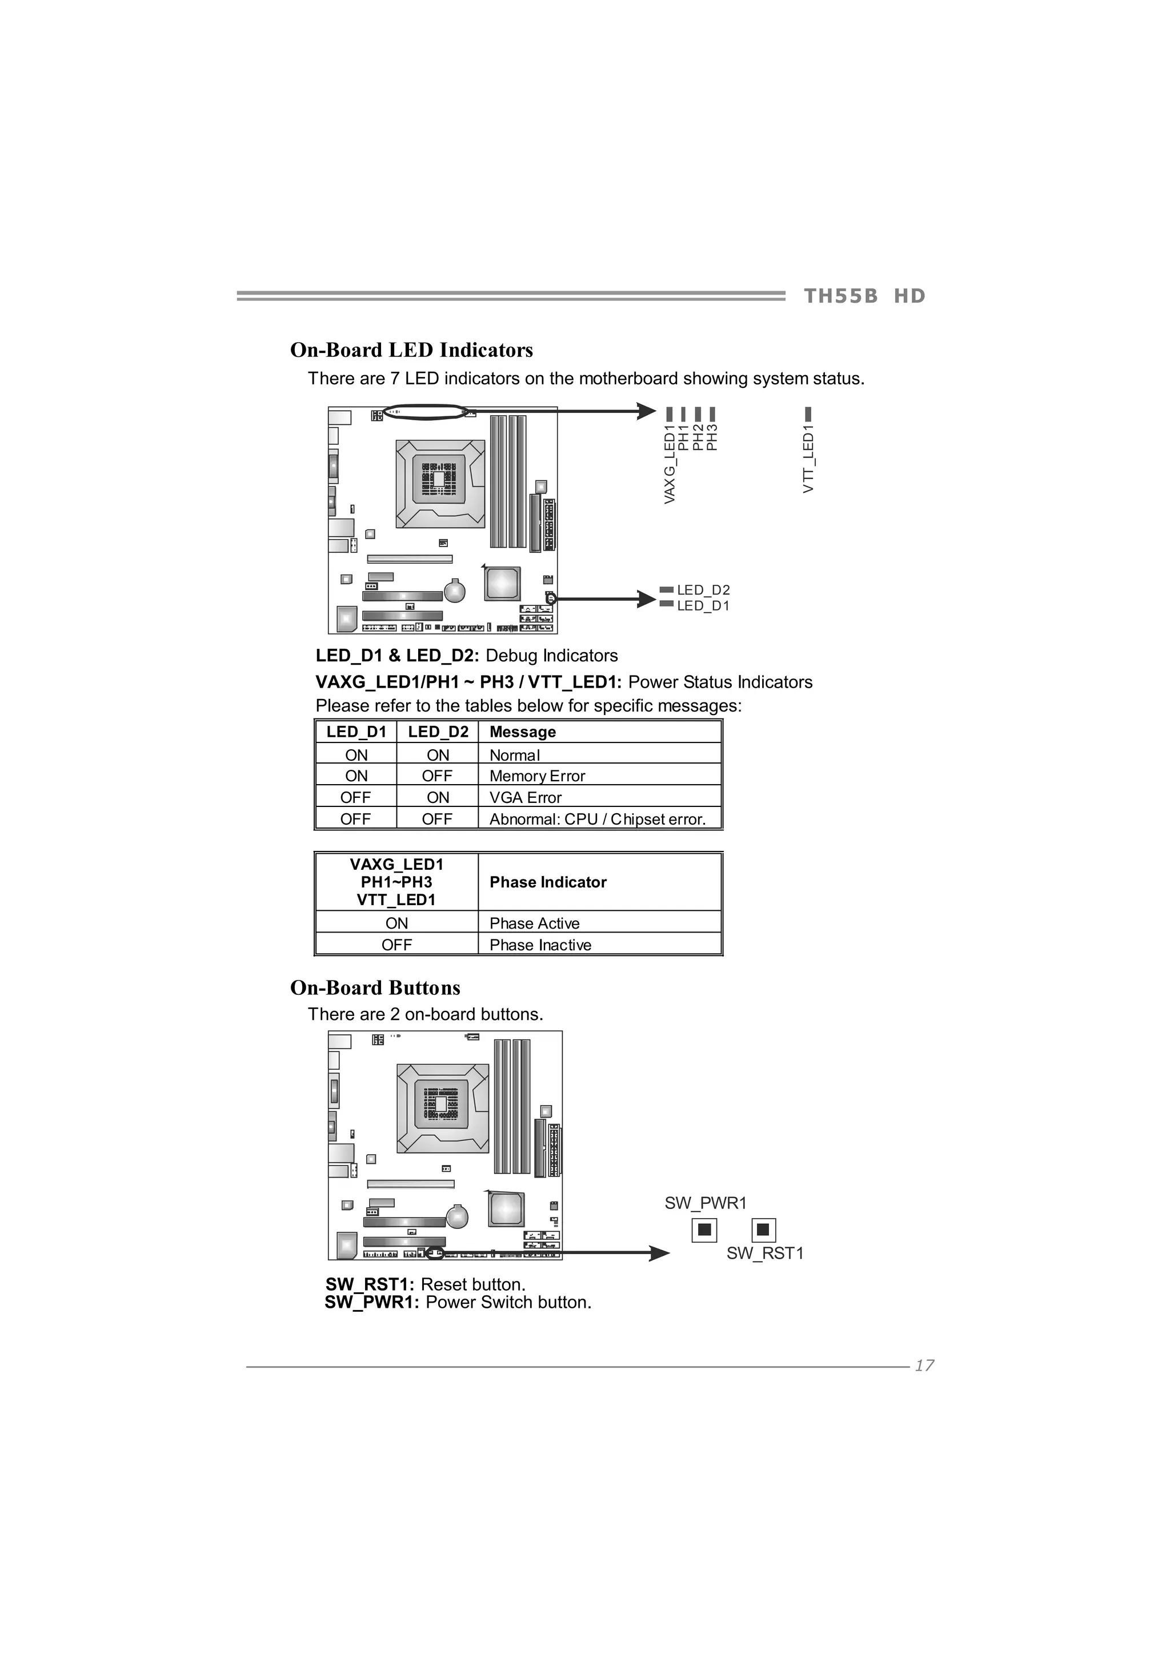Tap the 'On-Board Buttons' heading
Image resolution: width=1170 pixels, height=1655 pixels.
coord(375,988)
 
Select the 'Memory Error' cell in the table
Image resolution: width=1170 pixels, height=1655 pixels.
coord(537,776)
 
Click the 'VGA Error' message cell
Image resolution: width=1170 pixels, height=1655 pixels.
coord(526,798)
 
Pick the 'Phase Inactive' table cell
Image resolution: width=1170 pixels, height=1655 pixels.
coord(540,945)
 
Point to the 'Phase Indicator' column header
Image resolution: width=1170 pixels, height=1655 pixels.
coord(548,882)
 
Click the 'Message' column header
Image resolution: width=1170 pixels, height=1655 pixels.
coord(523,732)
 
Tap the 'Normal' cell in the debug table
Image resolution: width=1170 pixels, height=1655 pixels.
coord(515,756)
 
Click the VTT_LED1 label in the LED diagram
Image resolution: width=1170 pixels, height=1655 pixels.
coord(808,459)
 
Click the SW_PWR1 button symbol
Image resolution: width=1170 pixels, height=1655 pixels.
coord(704,1230)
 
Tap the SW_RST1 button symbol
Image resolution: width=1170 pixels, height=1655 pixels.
coord(763,1230)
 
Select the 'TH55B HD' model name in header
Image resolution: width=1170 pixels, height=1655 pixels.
coord(864,296)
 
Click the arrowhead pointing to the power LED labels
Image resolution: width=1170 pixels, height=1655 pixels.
coord(647,412)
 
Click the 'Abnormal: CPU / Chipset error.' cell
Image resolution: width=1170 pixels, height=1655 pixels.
coord(598,820)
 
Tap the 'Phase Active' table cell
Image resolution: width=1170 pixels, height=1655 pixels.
coord(534,923)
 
